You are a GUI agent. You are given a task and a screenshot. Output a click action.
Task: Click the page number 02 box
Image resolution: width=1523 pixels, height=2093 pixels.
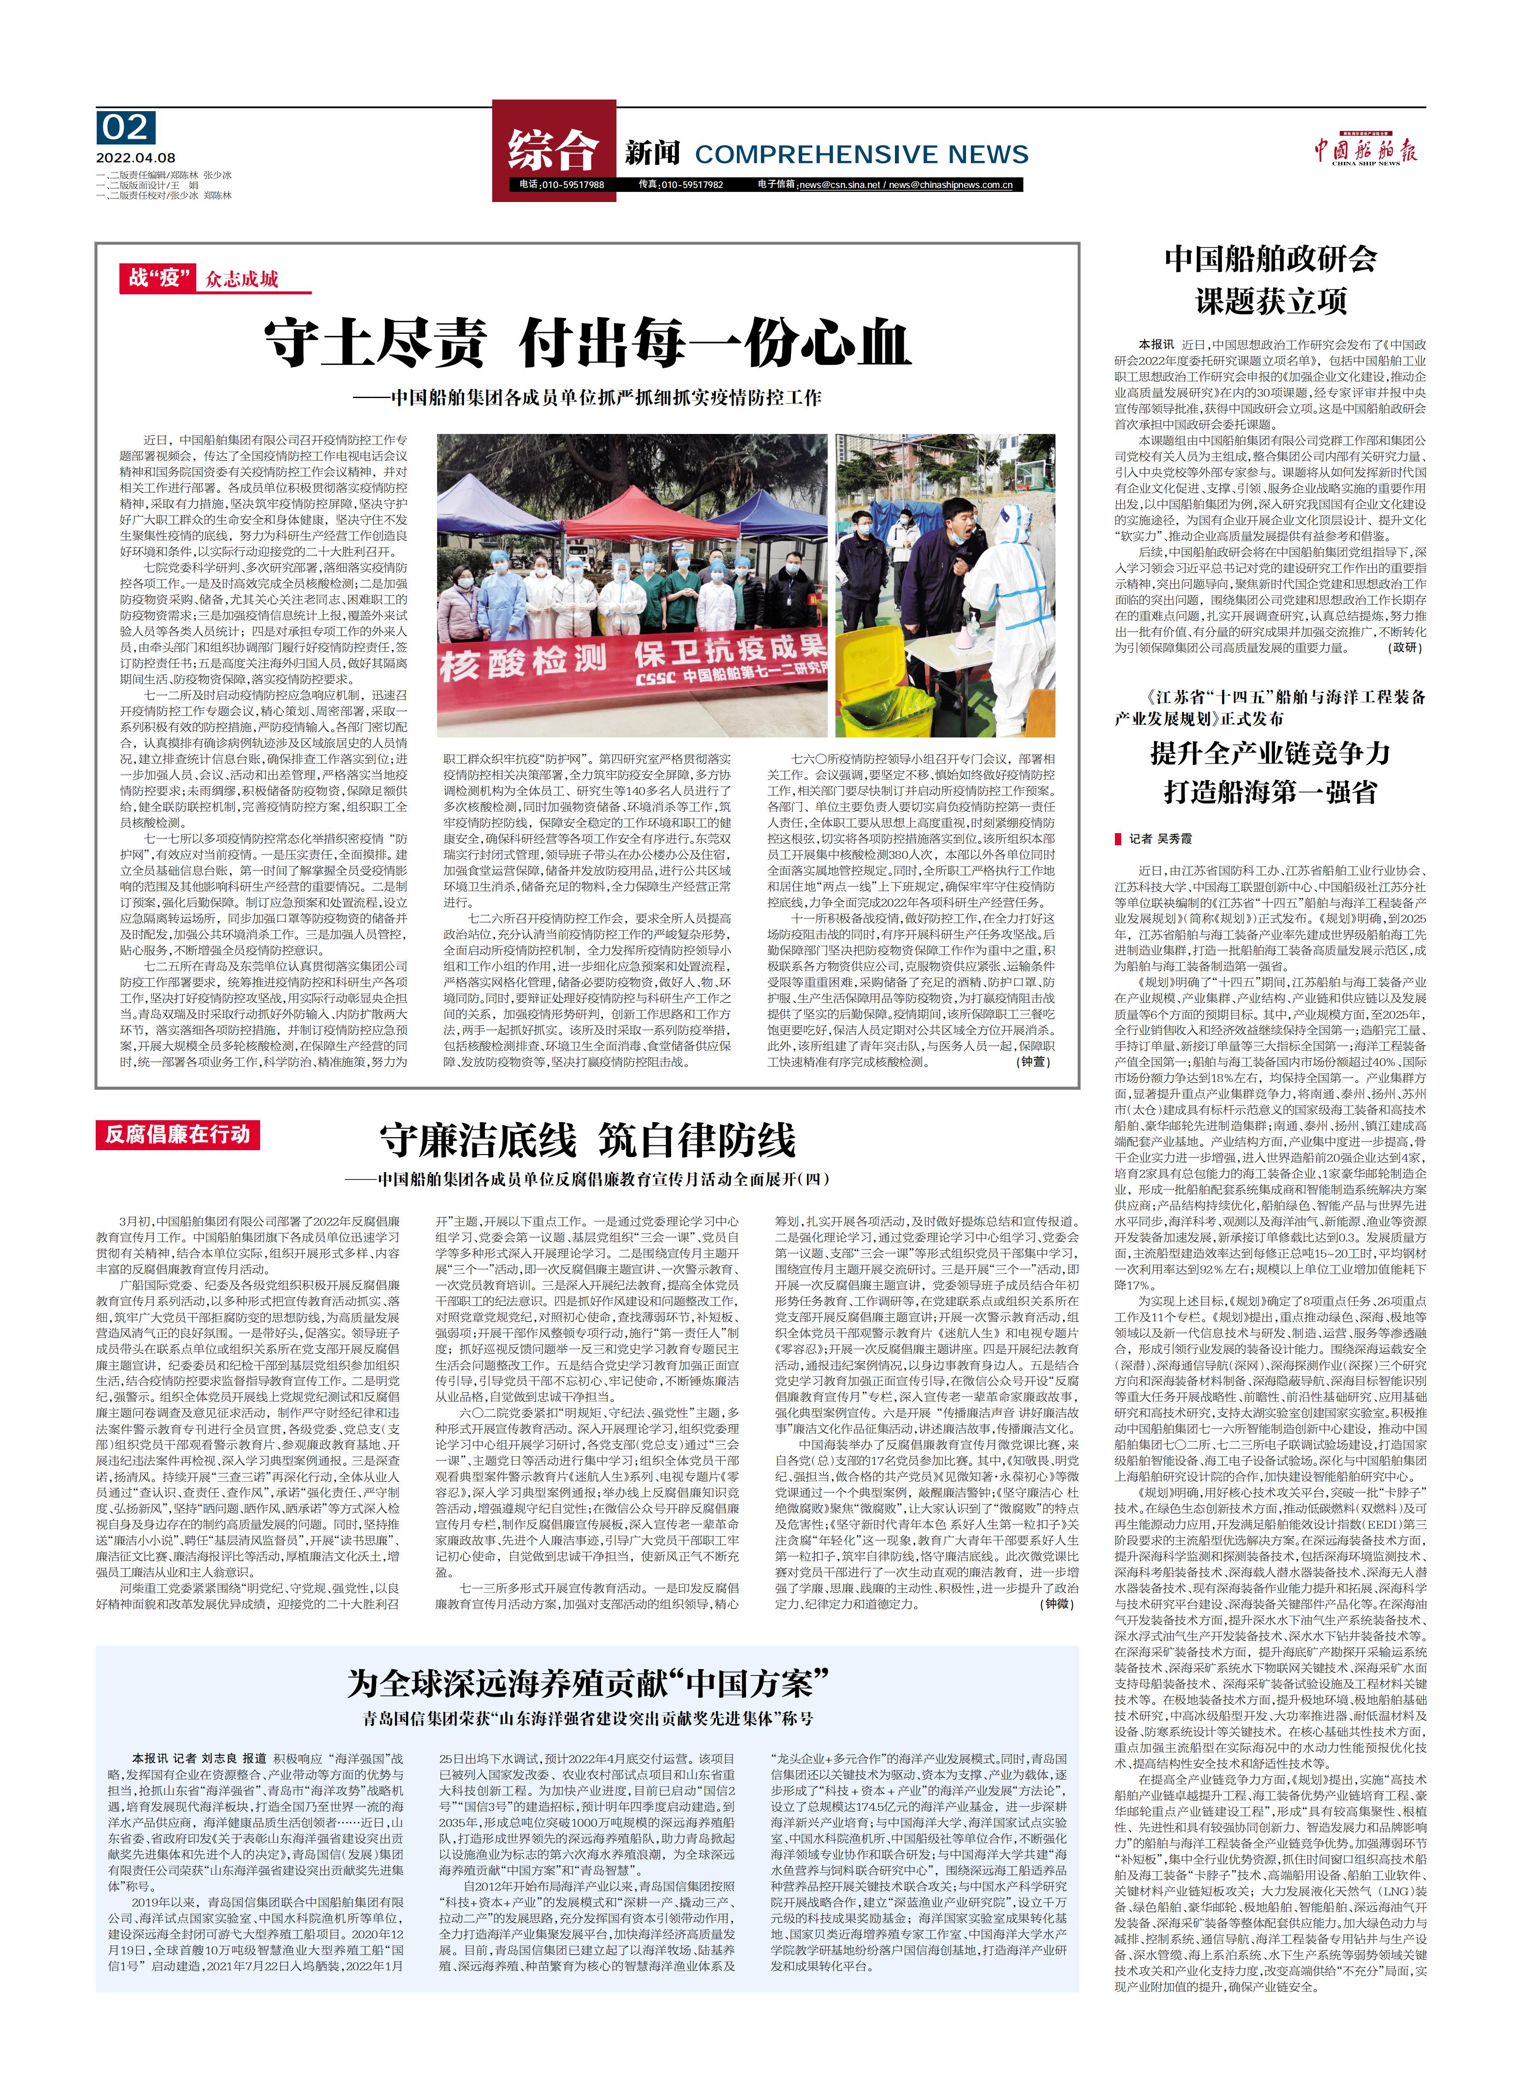(x=127, y=128)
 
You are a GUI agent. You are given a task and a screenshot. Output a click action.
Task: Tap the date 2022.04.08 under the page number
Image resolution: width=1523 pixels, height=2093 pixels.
(x=135, y=158)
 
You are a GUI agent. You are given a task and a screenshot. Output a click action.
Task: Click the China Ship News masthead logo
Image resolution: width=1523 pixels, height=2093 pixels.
(x=1365, y=150)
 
